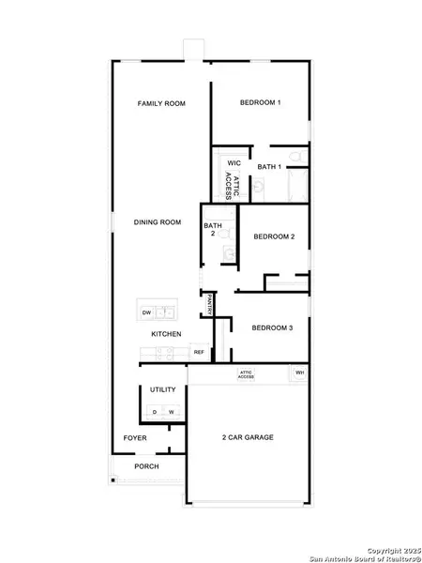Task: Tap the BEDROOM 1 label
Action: [x=260, y=102]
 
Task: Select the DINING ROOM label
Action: [x=157, y=222]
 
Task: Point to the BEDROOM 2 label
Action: [x=274, y=236]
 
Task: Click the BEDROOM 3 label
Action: [x=273, y=327]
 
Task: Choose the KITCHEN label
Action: [x=167, y=334]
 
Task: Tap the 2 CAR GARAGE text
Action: [x=248, y=437]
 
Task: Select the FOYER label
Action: [x=136, y=438]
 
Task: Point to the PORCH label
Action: [x=146, y=466]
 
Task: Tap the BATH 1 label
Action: [x=269, y=166]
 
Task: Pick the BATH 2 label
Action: [x=213, y=229]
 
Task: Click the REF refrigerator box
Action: [x=199, y=352]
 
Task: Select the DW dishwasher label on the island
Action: [x=146, y=312]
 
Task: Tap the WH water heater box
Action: [x=299, y=373]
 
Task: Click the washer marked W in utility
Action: [x=172, y=411]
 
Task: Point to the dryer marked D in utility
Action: [x=155, y=411]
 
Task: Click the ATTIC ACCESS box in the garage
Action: [x=247, y=374]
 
